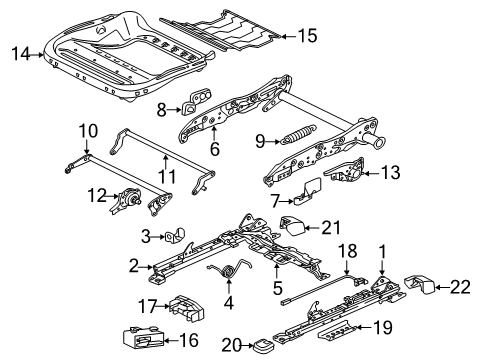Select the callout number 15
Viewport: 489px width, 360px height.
tap(306, 37)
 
